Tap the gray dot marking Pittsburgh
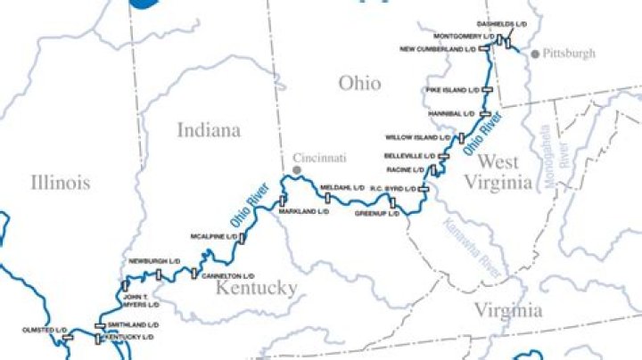coord(534,54)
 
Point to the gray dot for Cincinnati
coord(297,168)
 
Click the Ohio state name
coord(359,84)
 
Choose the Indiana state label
coord(209,130)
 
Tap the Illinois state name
coord(61,183)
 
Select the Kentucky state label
coord(256,288)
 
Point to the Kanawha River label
coord(477,238)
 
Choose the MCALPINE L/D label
coord(212,237)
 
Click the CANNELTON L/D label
coord(226,276)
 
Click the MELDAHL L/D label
coord(342,188)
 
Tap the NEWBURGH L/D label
coord(149,261)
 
